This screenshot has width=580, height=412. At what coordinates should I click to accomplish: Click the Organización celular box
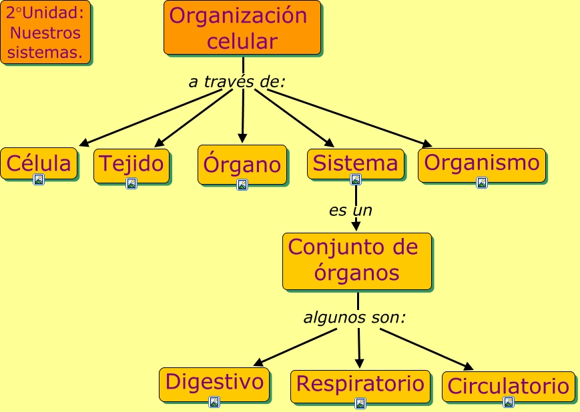click(x=242, y=27)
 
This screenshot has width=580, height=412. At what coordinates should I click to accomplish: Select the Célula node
click(x=38, y=163)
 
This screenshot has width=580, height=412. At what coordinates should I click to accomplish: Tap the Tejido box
click(x=131, y=163)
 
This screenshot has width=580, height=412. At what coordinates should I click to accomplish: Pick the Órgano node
click(x=242, y=164)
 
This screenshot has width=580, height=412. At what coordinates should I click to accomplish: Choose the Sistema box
click(x=355, y=163)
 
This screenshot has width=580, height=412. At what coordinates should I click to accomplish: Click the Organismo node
click(x=481, y=163)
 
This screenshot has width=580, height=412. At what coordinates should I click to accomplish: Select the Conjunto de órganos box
click(x=356, y=261)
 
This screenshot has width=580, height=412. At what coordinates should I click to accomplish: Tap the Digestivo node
click(x=214, y=383)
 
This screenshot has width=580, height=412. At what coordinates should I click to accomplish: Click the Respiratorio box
click(x=360, y=385)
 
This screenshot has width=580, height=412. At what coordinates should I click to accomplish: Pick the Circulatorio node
click(x=508, y=386)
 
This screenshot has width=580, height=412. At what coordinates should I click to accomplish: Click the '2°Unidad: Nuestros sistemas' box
click(x=45, y=32)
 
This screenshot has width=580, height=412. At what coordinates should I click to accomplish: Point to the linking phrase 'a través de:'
click(x=237, y=82)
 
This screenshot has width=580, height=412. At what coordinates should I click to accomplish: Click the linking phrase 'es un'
click(x=350, y=211)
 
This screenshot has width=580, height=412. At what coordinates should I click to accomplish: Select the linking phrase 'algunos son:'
click(x=354, y=317)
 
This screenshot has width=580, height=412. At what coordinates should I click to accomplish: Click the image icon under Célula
click(x=39, y=179)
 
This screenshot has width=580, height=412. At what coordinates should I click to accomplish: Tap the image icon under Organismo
click(x=481, y=183)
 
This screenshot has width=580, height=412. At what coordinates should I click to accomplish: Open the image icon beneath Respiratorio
click(x=360, y=403)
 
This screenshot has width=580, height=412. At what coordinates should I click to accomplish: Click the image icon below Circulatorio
click(x=509, y=402)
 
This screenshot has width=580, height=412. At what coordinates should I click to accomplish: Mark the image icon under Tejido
click(x=131, y=183)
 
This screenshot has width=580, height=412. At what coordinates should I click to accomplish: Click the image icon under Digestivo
click(x=214, y=401)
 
